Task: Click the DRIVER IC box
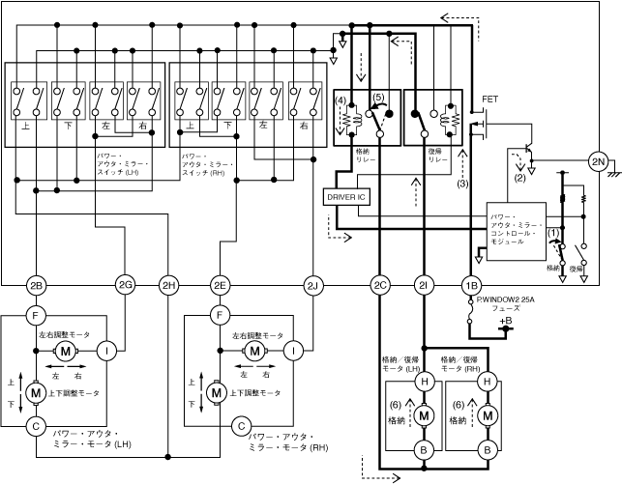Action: [x=346, y=196]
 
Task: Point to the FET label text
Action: [x=489, y=100]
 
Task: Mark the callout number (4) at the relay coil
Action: [x=341, y=100]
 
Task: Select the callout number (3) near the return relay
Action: [x=463, y=182]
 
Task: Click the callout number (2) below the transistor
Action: [x=520, y=178]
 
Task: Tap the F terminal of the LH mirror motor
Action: [x=36, y=314]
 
